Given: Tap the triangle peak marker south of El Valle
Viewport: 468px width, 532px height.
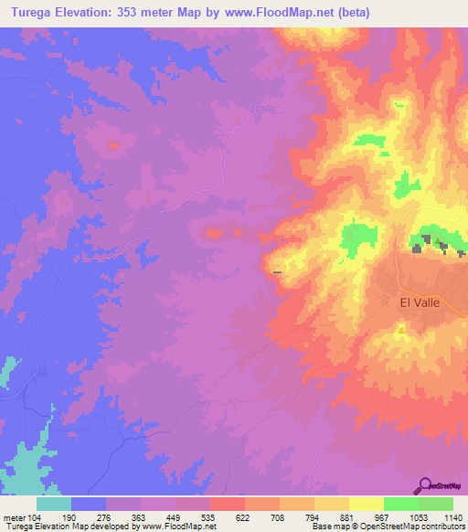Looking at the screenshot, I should click(402, 330).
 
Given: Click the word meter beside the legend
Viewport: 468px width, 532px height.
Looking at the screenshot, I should click(15, 517).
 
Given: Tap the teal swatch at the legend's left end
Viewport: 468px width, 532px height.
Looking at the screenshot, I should click(54, 504).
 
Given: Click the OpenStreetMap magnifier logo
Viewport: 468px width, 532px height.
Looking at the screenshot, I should click(425, 485).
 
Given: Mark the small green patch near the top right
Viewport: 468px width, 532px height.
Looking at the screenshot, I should click(399, 105).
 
